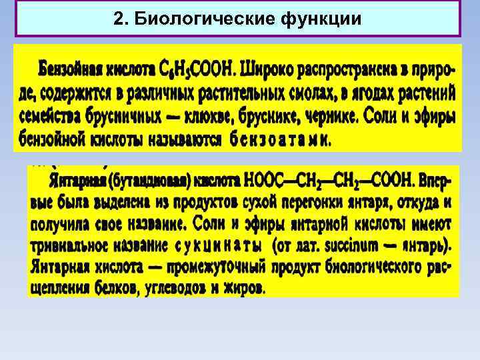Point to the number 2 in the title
119,19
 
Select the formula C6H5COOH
199,69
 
